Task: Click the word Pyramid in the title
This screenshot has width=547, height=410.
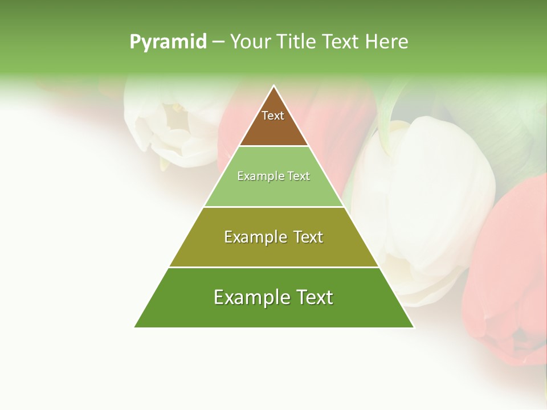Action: (x=168, y=42)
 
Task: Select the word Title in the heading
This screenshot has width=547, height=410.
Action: (x=296, y=42)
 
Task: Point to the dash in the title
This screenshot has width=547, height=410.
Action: (x=218, y=42)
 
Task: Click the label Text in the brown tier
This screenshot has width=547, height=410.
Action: (x=273, y=116)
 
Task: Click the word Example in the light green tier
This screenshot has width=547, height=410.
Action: (x=255, y=177)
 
